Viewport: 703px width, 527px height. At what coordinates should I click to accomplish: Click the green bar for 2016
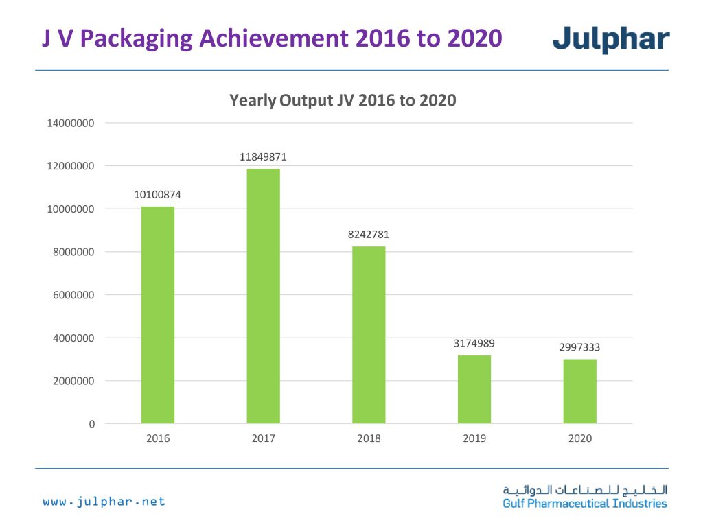coord(158,315)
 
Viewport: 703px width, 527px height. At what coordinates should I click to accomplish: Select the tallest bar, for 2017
coord(264,296)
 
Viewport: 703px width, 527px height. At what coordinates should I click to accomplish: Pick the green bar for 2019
coord(474,389)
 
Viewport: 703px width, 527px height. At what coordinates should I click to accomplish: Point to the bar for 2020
coord(580,391)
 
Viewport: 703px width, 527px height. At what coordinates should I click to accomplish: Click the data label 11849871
coord(264,157)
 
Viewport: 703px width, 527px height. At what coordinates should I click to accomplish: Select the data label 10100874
coord(158,195)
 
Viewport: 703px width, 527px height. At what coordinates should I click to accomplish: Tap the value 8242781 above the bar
coord(369,235)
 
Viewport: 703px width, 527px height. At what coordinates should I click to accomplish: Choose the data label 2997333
coord(580,347)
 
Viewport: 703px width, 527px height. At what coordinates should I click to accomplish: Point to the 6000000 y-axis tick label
coord(70,295)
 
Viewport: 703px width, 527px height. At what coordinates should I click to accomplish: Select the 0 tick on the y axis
coord(91,424)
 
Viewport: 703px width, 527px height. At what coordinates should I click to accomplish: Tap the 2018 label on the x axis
coord(369,438)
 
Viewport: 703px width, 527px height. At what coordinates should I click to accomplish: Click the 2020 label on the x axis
coord(580,438)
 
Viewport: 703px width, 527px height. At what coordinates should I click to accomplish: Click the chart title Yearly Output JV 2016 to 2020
coord(343,100)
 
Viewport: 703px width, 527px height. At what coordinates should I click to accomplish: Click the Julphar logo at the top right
coord(611,39)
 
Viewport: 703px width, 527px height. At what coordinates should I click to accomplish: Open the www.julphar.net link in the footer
coord(104,502)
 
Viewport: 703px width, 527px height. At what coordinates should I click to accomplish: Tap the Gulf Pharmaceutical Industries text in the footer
coord(585,504)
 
